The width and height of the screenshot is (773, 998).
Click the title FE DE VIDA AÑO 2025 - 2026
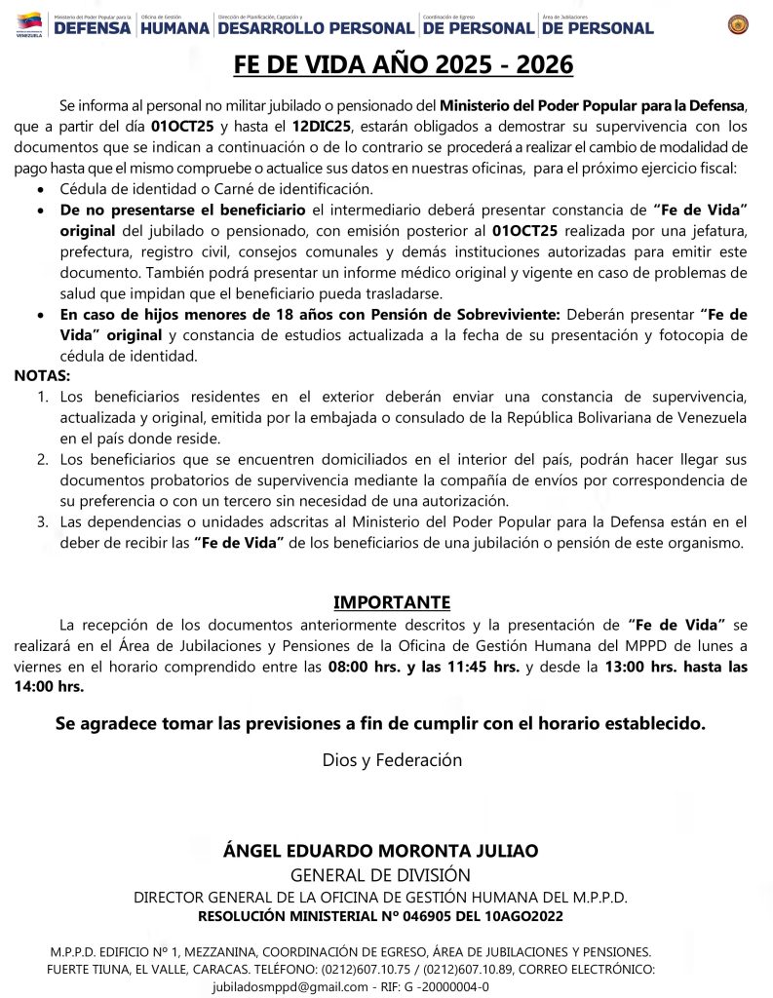[404, 65]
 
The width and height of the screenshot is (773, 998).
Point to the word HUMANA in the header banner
[174, 28]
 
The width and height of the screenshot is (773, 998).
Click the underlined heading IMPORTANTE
[392, 601]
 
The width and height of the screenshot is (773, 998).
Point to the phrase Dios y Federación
[392, 759]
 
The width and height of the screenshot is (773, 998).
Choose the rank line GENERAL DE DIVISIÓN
[380, 875]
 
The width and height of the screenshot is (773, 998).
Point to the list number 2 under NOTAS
[43, 459]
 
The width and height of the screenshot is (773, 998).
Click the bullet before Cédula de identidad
[39, 189]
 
